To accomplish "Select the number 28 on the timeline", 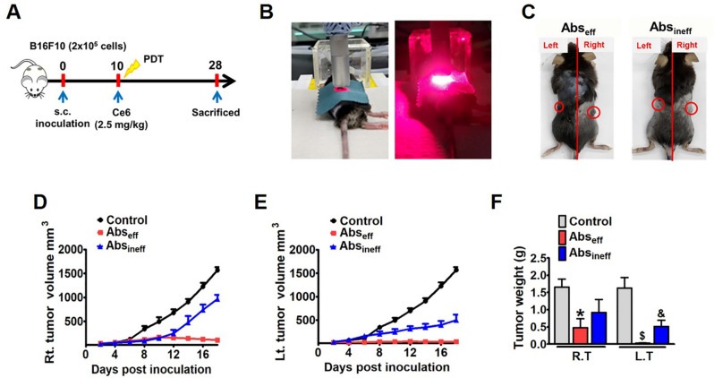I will [x=217, y=65].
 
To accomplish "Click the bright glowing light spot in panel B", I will [x=446, y=80].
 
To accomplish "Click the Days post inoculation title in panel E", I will [x=375, y=370].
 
